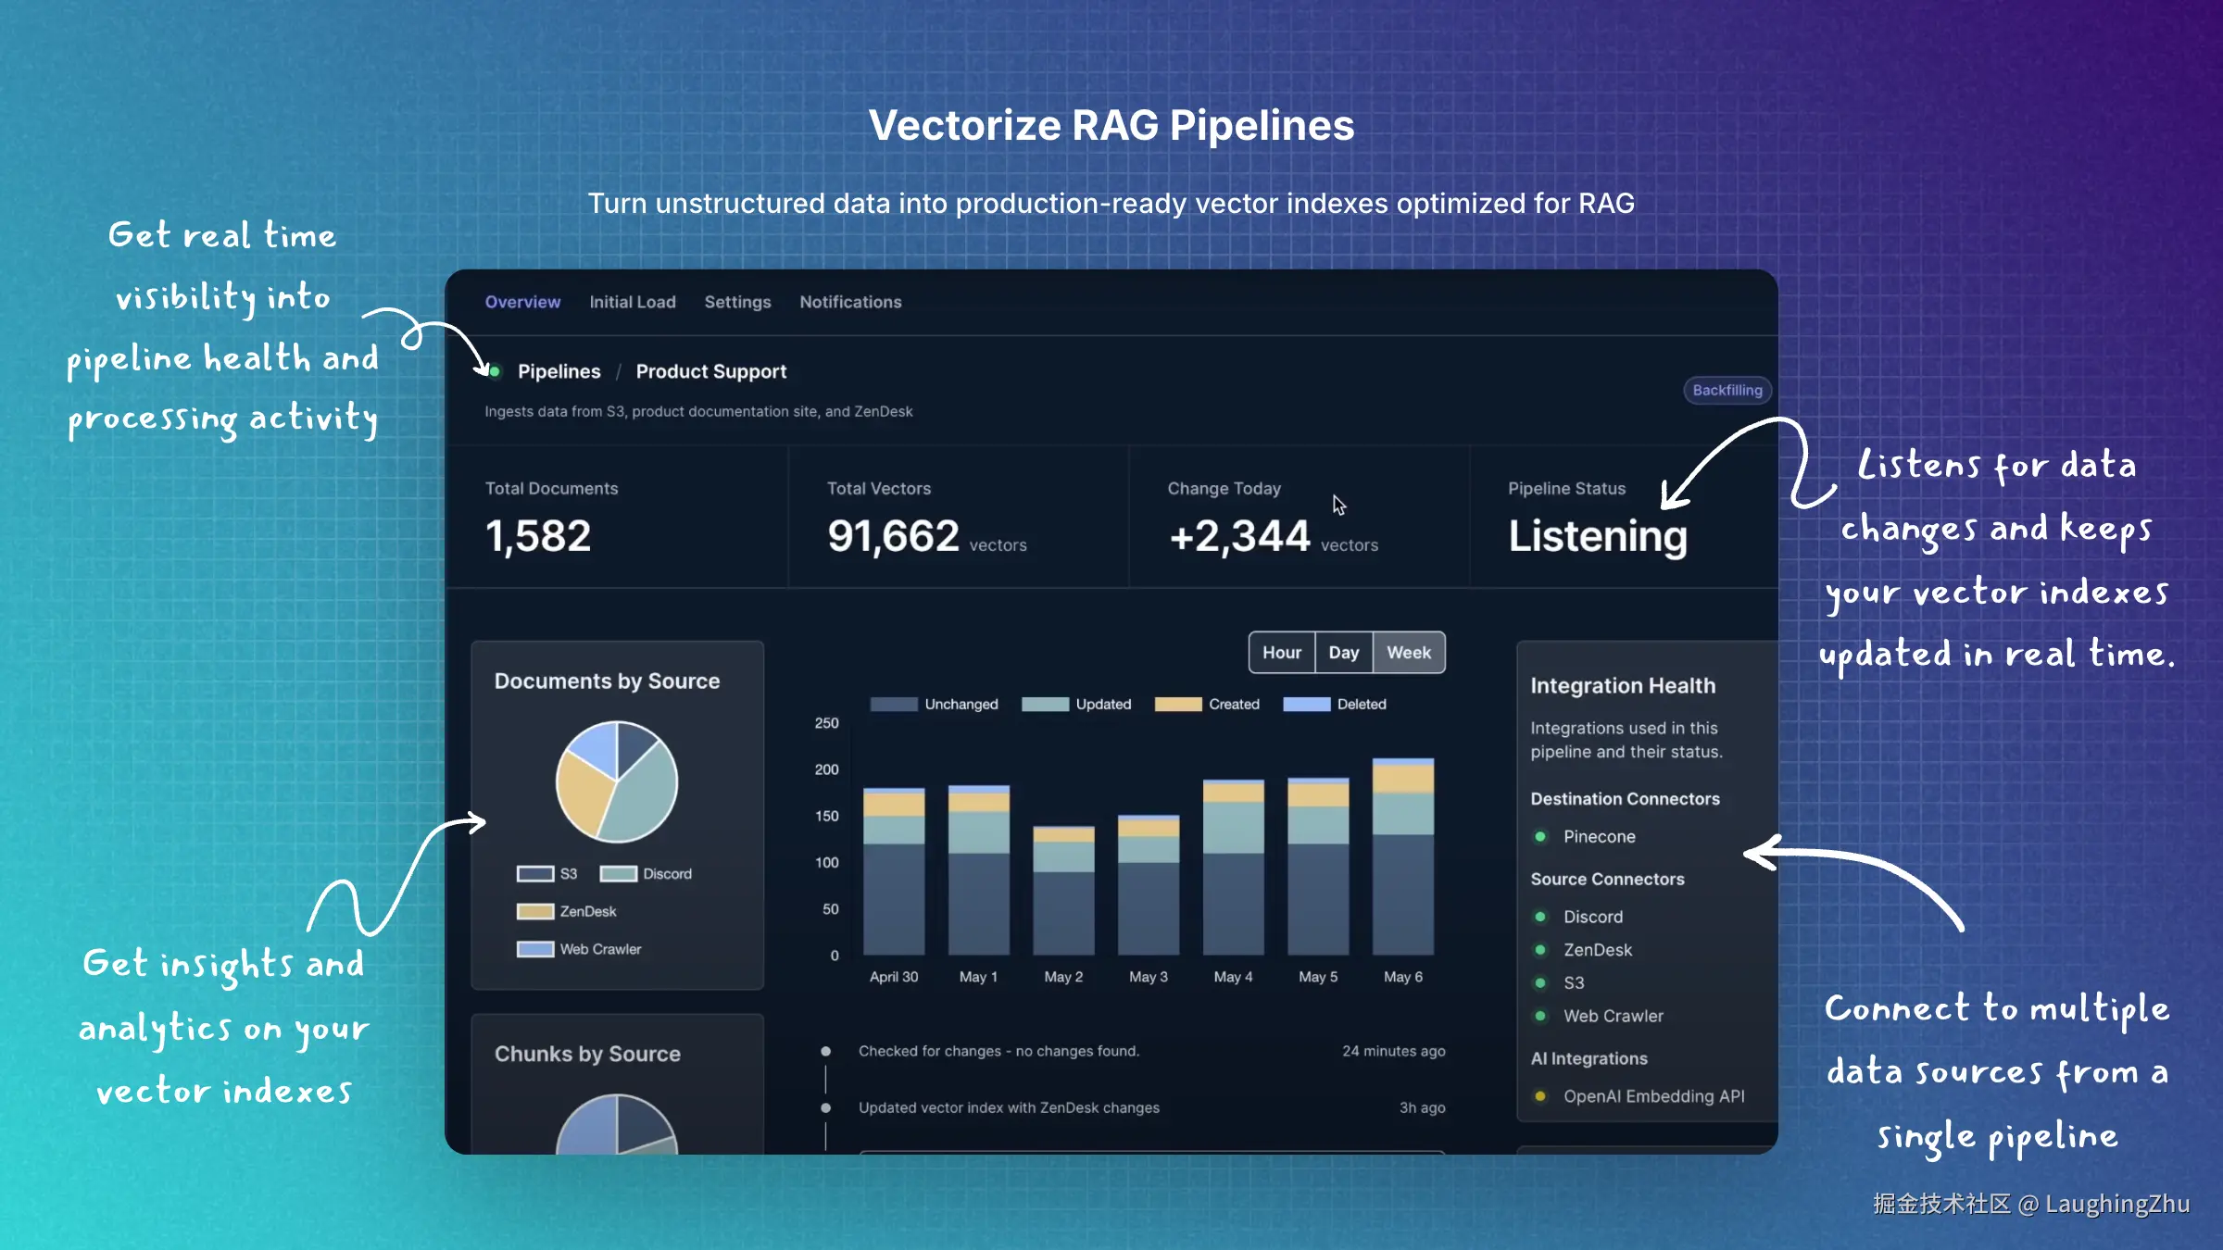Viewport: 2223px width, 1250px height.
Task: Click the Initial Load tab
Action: pos(633,302)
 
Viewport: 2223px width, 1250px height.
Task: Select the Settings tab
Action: pos(737,302)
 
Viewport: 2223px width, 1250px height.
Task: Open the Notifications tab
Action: pos(850,302)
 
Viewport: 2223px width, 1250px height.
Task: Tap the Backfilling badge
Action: pos(1727,390)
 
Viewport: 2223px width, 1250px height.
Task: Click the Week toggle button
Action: pos(1408,653)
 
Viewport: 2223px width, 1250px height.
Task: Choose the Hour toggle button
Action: pos(1281,653)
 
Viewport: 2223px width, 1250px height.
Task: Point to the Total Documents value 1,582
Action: pos(538,536)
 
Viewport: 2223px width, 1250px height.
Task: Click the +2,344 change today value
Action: pos(1239,536)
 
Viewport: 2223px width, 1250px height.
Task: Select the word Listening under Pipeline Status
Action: pos(1598,536)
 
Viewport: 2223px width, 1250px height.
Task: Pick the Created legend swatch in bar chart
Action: pos(1177,705)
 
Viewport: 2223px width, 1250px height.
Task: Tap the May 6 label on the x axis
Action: pos(1402,977)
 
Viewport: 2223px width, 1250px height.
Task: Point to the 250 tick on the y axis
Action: pos(826,723)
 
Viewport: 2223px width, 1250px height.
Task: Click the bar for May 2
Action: pos(1063,889)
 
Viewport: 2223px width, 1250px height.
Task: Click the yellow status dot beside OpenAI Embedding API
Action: pos(1540,1096)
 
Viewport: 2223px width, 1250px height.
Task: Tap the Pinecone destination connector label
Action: pos(1599,837)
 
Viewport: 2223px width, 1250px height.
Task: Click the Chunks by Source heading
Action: pos(587,1054)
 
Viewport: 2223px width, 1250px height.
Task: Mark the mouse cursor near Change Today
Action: pos(1338,504)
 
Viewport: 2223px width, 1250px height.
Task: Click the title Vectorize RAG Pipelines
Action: pos(1111,126)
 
